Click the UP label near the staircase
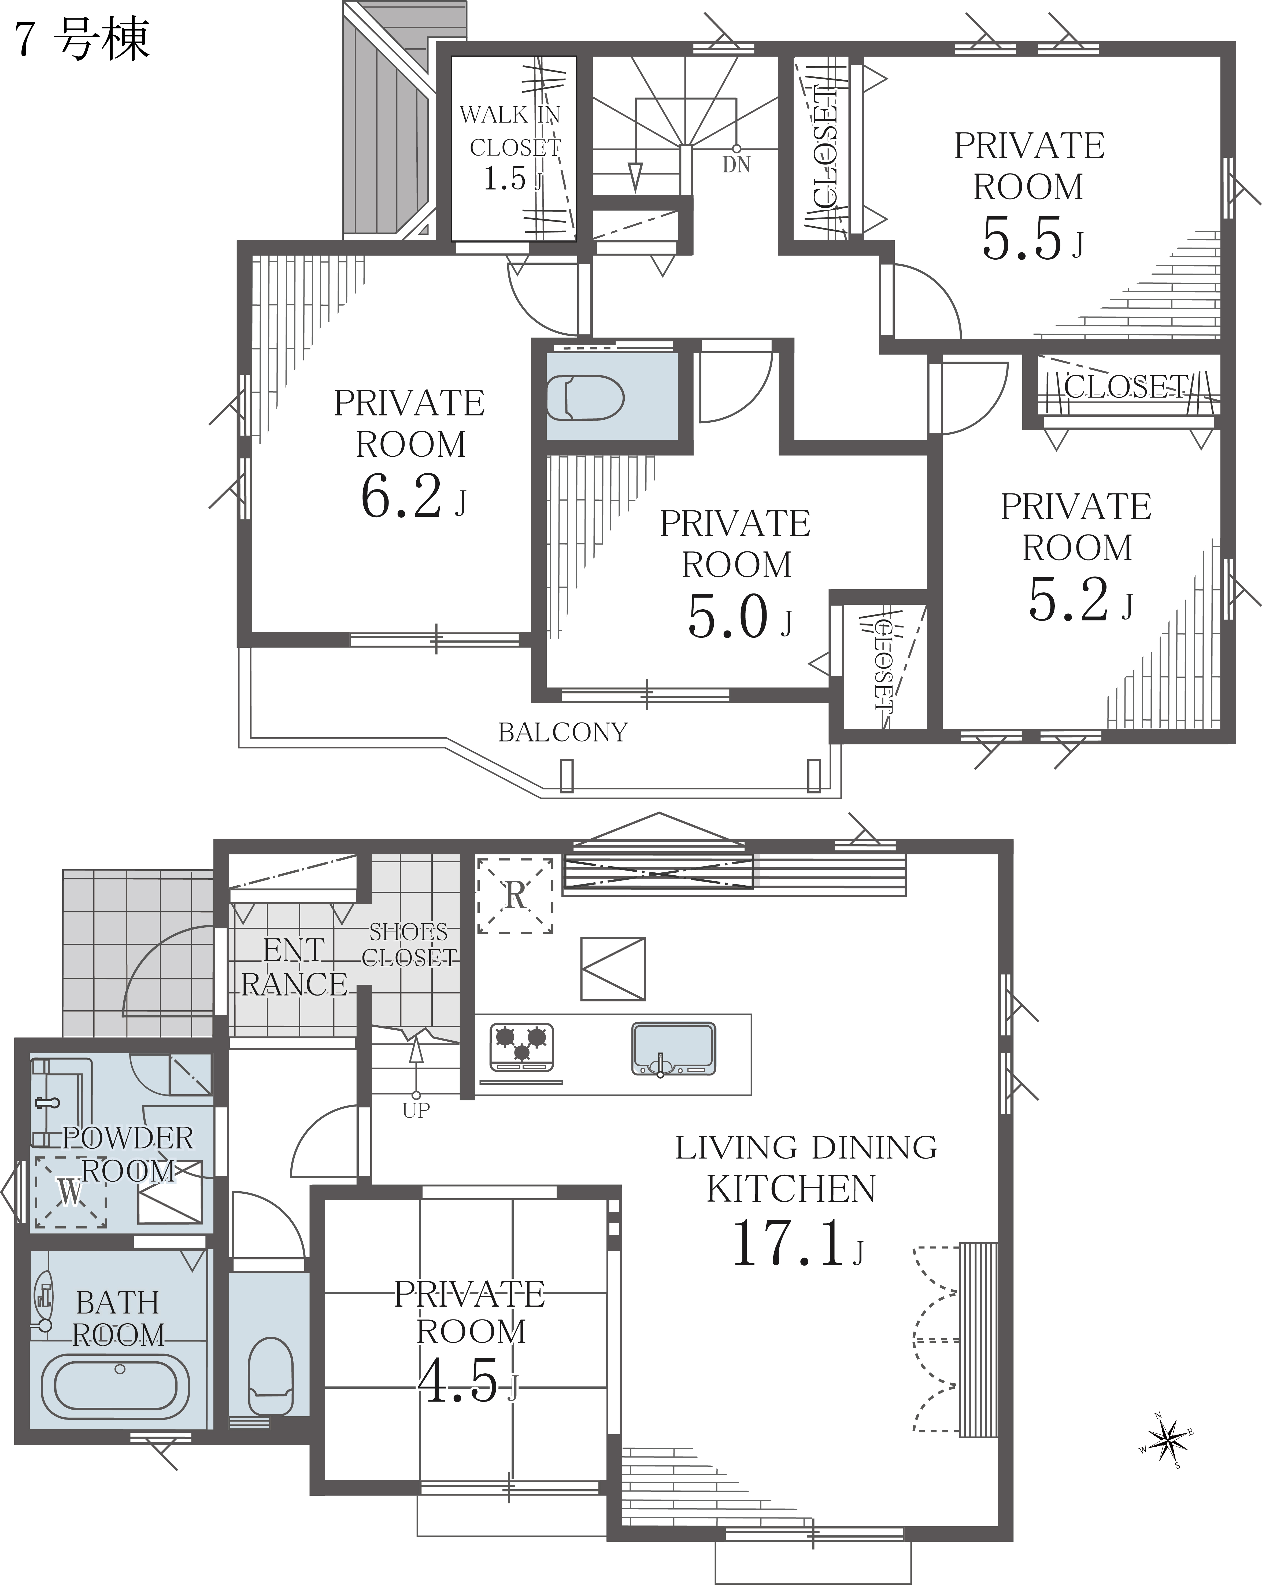pos(416,1110)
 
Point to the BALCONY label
pos(563,732)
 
